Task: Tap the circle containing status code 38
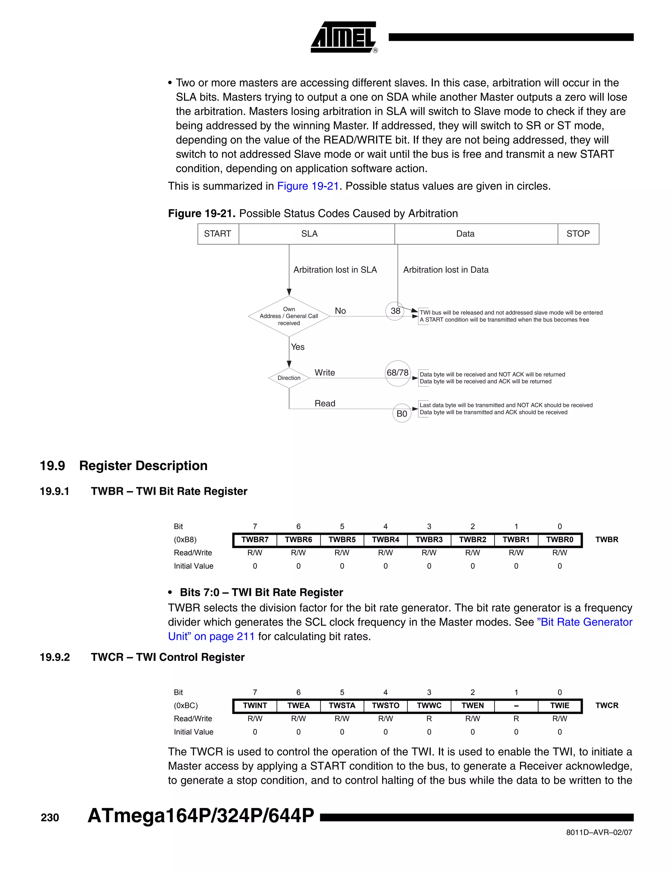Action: pos(395,311)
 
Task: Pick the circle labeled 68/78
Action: pos(397,373)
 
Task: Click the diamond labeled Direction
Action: pos(289,378)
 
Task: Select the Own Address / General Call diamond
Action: pos(289,316)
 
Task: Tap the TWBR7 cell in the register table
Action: pos(255,540)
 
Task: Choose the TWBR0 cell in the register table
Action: pos(559,540)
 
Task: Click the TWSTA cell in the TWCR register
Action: pos(342,706)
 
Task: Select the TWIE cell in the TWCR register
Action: pos(559,706)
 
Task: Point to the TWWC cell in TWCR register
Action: pos(429,706)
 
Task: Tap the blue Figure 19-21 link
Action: pos(308,186)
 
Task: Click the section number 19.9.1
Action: pos(54,491)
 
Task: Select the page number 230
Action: pos(50,818)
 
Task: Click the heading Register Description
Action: pos(143,466)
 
